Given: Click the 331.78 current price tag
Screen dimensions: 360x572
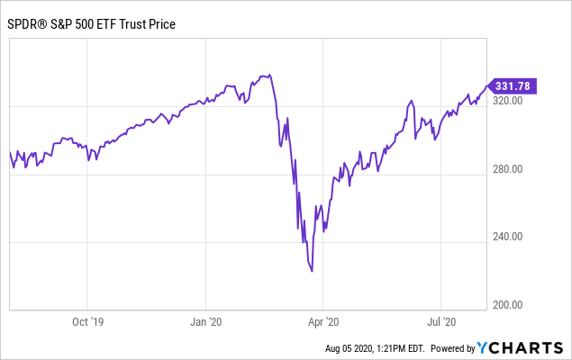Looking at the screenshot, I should tap(513, 85).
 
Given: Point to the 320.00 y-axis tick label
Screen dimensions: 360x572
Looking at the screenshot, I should tap(508, 102).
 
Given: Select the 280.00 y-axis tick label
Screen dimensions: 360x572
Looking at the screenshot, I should tap(508, 169).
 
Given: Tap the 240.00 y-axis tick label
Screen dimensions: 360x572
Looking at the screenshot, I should tap(508, 237).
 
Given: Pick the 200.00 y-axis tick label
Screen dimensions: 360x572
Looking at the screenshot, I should tap(508, 304).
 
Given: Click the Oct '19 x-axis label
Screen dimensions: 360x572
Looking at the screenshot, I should tap(87, 320).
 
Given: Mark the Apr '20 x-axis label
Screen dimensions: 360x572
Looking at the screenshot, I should tap(322, 320).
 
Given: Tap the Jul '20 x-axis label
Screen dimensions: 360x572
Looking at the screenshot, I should tap(440, 320).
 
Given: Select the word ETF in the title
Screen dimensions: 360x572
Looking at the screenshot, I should tap(116, 23).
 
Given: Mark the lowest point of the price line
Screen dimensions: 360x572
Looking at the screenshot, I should tap(312, 271).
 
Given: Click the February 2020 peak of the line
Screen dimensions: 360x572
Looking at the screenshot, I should tap(268, 75).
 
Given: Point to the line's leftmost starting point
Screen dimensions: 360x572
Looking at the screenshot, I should tap(10, 153).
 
